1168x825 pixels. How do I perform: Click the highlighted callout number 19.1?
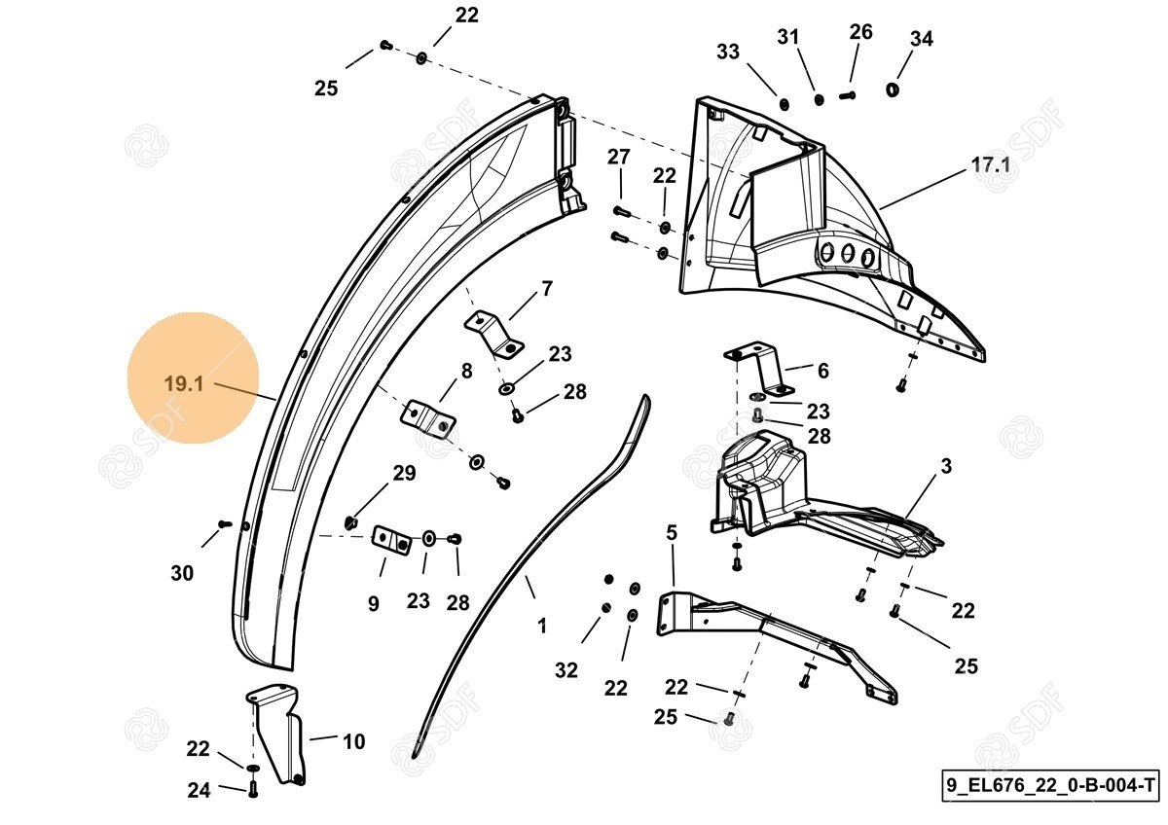click(183, 383)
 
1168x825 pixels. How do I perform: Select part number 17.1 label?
click(991, 165)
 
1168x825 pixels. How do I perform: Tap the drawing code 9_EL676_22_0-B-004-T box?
click(1051, 784)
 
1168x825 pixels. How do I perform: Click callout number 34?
click(921, 39)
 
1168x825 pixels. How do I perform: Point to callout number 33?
click(728, 52)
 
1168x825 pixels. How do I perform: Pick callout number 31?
click(787, 37)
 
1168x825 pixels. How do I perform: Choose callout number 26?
click(860, 31)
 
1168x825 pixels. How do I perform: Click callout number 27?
click(619, 158)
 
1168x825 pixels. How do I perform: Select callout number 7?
click(547, 288)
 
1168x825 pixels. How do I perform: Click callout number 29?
click(404, 473)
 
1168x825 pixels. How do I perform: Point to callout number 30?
click(182, 574)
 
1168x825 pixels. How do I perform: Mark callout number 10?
click(353, 742)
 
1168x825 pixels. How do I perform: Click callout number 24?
click(199, 791)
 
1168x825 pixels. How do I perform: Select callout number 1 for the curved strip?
click(542, 627)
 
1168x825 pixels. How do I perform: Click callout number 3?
click(945, 467)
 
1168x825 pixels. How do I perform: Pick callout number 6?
click(822, 371)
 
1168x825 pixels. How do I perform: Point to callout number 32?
click(566, 670)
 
